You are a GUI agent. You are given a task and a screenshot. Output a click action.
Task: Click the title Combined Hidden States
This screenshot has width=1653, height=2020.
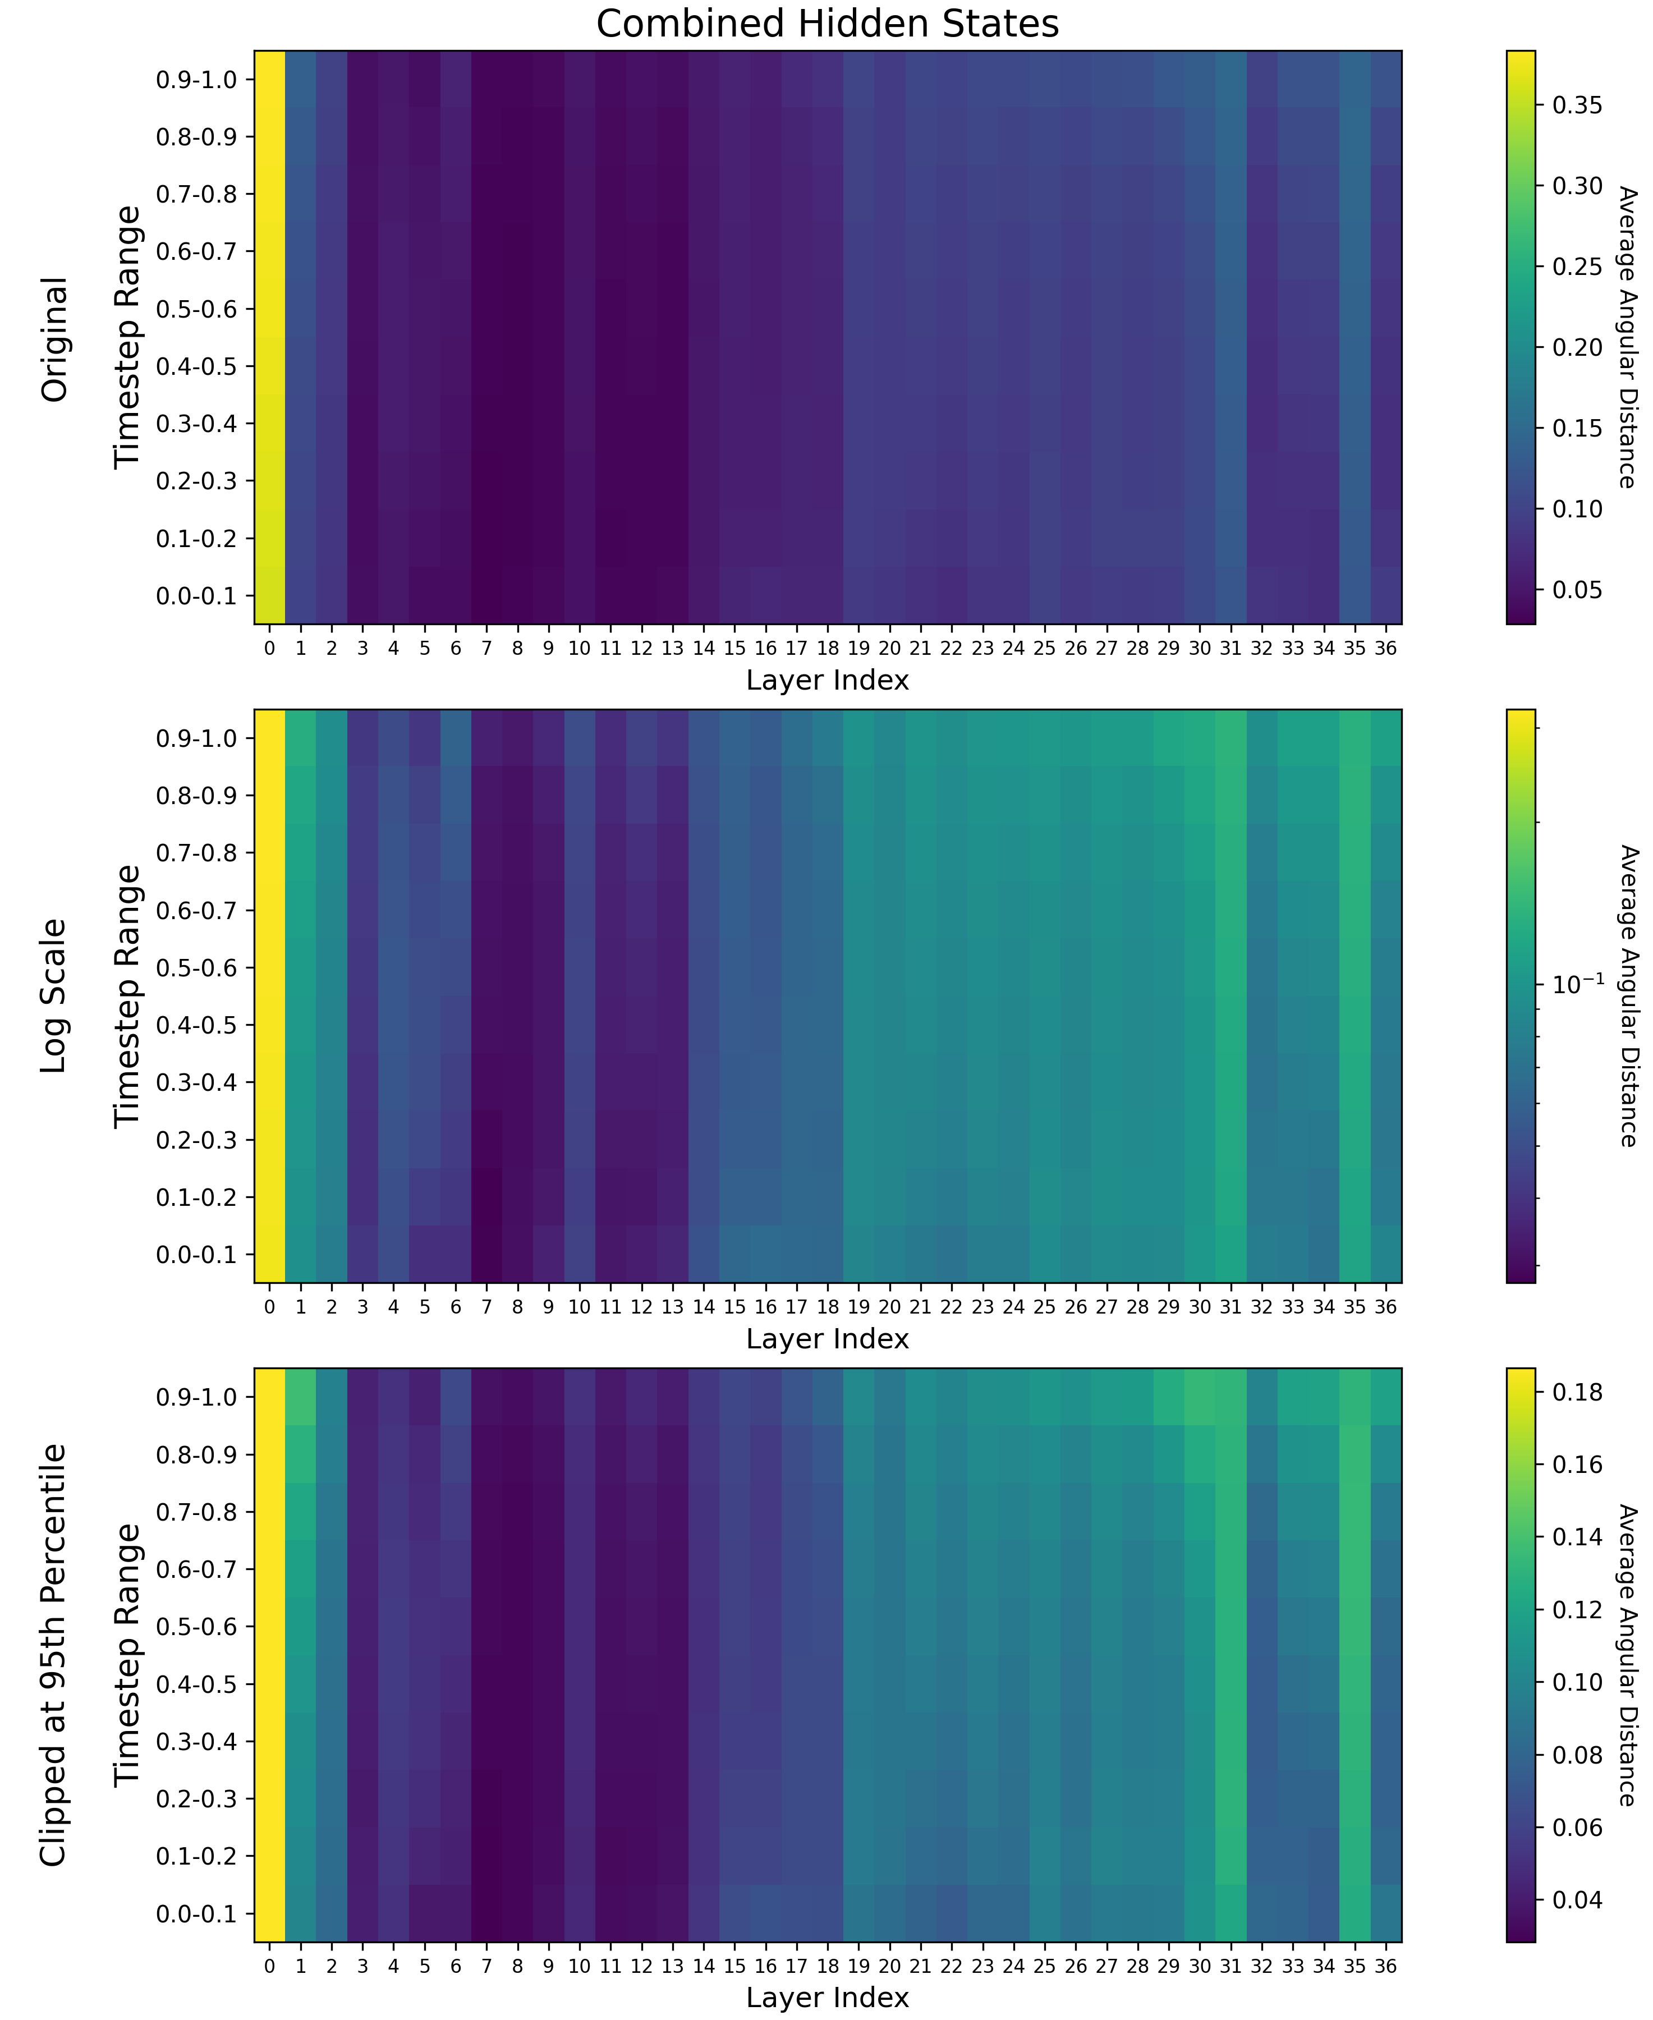pyautogui.click(x=826, y=24)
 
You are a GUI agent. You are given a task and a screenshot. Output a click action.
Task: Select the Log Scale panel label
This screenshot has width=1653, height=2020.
pyautogui.click(x=55, y=995)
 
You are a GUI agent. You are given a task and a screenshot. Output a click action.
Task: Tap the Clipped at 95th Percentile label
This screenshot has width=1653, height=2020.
pyautogui.click(x=55, y=1655)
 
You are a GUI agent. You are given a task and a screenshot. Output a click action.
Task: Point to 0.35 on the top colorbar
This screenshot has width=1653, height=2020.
pyautogui.click(x=1577, y=105)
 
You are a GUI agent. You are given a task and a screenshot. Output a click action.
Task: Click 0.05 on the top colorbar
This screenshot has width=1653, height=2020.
pyautogui.click(x=1577, y=590)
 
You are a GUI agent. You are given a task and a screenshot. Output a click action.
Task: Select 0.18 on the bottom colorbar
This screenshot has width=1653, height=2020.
pyautogui.click(x=1577, y=1392)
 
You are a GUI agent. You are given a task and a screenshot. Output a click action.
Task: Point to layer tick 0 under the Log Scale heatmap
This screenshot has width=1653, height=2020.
pyautogui.click(x=269, y=1307)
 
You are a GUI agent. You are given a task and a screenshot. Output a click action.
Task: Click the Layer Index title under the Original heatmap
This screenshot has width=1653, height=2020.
pyautogui.click(x=826, y=680)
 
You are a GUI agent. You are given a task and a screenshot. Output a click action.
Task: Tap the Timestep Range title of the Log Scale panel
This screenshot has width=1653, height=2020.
pyautogui.click(x=127, y=995)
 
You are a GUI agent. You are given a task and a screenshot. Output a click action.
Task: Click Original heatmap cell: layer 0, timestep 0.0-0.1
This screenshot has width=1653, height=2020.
pyautogui.click(x=269, y=595)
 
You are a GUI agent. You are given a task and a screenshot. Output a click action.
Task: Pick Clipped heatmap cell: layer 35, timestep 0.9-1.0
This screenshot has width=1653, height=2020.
pyautogui.click(x=1354, y=1397)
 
